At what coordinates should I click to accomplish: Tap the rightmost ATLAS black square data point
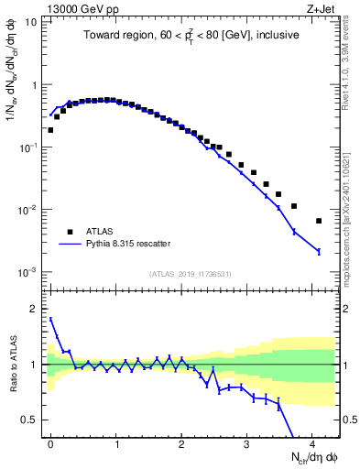(x=319, y=221)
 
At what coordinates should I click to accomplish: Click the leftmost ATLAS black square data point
(x=50, y=130)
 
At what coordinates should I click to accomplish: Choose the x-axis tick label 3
(x=246, y=442)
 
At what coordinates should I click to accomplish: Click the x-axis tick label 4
(x=311, y=442)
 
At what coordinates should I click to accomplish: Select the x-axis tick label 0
(x=50, y=442)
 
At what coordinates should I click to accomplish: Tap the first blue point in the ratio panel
(x=50, y=319)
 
